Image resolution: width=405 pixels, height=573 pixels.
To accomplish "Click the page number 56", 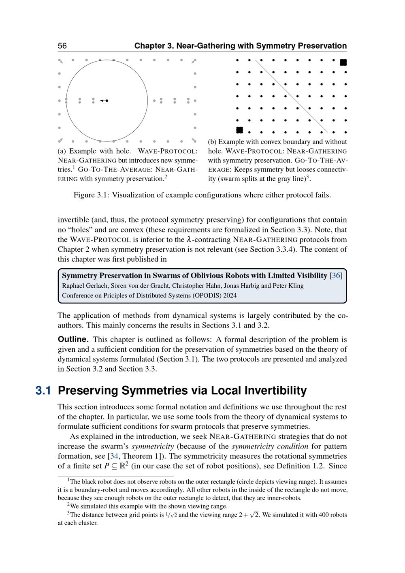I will pos(62,46).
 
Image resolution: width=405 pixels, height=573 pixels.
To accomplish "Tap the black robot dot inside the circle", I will pos(107,100).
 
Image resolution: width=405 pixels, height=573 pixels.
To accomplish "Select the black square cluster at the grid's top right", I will pos(343,62).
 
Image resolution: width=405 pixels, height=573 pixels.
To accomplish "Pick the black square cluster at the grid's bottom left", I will pos(239,130).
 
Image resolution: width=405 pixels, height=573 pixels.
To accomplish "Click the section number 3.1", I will pos(43,391).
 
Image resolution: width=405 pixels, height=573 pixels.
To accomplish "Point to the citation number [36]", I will pos(336,276).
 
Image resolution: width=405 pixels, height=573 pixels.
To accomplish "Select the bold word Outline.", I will pos(73,339).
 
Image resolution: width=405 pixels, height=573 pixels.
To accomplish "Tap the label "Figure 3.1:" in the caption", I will pos(91,195).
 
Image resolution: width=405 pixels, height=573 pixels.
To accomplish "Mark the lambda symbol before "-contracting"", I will pos(188,239).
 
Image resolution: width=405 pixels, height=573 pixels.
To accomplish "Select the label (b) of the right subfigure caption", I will pos(212,142).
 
